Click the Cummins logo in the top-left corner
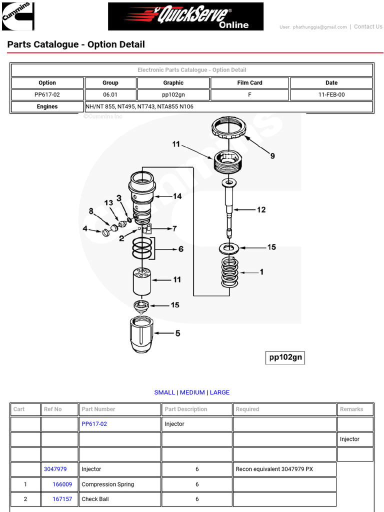point(18,16)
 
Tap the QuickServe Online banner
point(185,16)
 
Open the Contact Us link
point(367,27)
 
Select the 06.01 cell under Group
point(110,94)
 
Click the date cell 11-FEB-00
point(331,94)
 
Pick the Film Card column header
point(249,83)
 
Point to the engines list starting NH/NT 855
point(139,106)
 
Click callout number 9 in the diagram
point(272,156)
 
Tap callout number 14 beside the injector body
point(177,196)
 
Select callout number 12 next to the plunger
point(261,210)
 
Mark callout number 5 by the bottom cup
point(177,333)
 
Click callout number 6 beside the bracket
point(180,248)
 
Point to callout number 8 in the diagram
point(91,211)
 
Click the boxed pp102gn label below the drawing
point(284,357)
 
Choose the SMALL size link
point(164,392)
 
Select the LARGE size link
point(219,392)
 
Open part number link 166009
point(62,484)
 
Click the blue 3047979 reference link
point(55,469)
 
